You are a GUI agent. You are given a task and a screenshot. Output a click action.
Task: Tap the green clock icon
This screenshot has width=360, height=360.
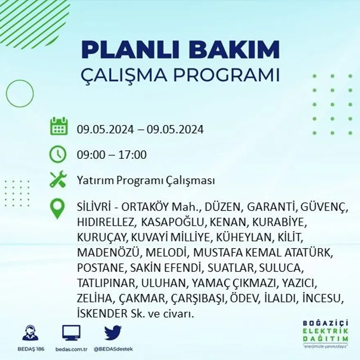coord(58,154)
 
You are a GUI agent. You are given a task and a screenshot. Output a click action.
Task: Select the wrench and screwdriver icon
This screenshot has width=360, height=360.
coord(58,179)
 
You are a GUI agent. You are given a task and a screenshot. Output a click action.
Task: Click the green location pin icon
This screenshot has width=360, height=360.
coord(57,208)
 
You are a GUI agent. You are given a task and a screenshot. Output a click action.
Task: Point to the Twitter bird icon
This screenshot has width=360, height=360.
coord(112,333)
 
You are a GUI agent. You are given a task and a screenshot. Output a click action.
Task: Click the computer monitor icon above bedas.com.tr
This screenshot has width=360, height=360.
coord(71,333)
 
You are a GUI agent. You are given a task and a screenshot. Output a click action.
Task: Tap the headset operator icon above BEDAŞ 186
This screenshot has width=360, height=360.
coord(30,333)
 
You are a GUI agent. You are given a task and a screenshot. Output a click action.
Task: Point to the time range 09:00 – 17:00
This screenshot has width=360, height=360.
coord(112,155)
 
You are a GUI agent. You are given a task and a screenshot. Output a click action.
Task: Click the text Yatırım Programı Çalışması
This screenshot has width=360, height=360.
coord(146,180)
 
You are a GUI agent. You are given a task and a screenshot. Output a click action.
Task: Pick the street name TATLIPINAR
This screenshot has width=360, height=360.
coord(108,283)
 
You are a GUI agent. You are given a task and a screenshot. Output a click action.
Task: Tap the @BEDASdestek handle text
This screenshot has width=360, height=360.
coord(113,349)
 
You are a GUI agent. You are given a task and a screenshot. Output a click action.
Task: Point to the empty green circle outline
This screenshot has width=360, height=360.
coord(20,94)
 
